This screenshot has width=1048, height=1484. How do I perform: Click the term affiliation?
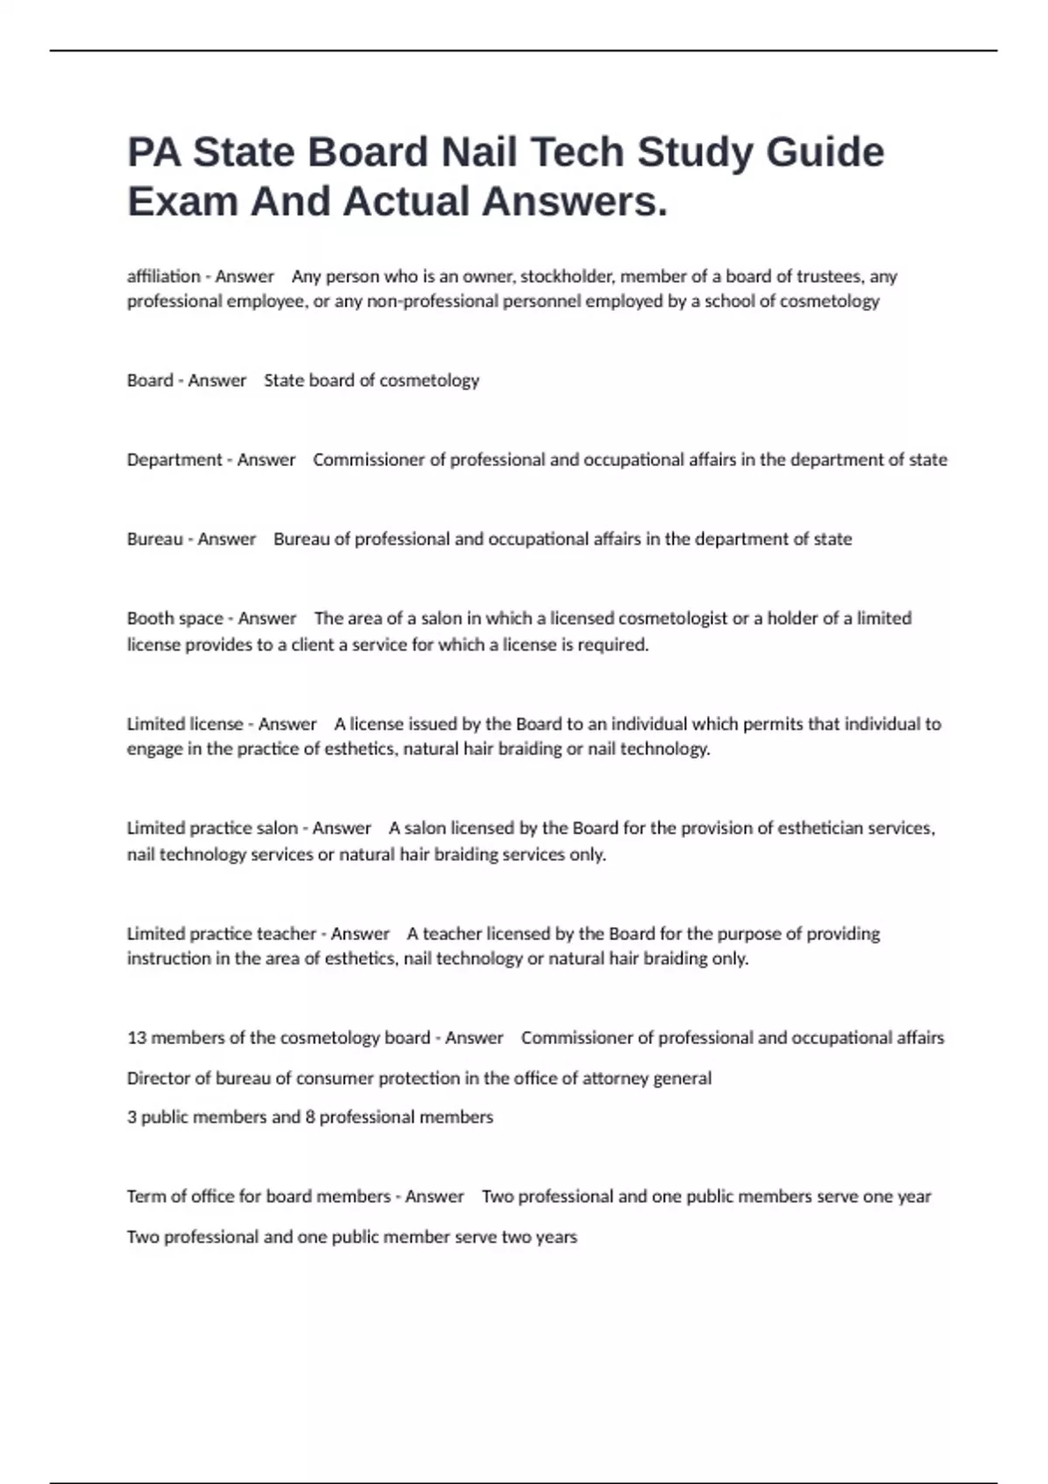[163, 277]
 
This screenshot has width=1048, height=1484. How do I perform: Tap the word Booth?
[149, 618]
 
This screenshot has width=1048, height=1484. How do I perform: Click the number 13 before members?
[136, 1038]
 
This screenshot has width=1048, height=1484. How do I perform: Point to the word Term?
[144, 1196]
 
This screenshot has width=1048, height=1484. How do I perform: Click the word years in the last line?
[556, 1237]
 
